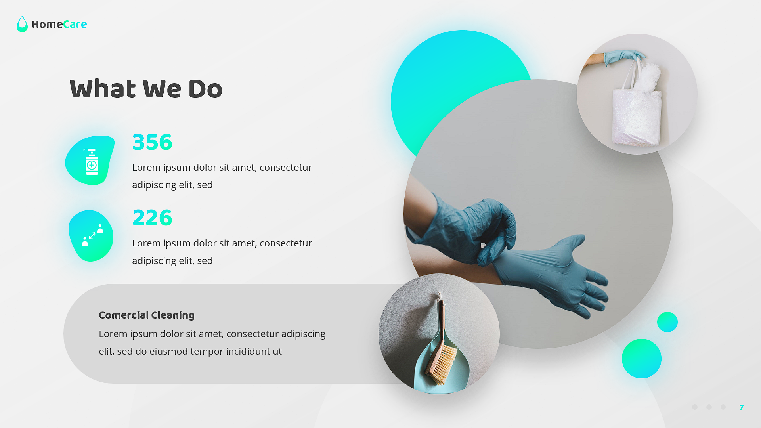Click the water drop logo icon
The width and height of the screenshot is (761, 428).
[22, 25]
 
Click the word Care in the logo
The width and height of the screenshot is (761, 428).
[75, 25]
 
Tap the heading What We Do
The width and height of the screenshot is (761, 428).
[146, 89]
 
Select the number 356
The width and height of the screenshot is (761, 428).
[152, 142]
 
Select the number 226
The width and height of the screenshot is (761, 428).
[152, 218]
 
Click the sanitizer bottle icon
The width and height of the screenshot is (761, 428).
[92, 162]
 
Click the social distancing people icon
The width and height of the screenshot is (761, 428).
[92, 236]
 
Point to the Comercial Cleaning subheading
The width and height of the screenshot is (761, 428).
[146, 315]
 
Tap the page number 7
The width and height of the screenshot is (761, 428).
[741, 407]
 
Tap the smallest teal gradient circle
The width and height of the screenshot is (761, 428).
[667, 322]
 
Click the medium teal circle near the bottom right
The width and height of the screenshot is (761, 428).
[641, 359]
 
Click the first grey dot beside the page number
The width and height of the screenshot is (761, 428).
[694, 407]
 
